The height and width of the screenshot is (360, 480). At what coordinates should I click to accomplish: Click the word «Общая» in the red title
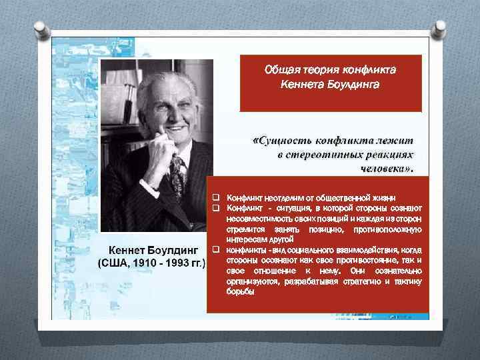tap(280, 69)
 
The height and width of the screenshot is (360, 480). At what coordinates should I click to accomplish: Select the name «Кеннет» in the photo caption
tap(129, 250)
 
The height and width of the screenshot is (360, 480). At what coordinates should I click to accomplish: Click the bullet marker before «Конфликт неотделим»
tap(216, 198)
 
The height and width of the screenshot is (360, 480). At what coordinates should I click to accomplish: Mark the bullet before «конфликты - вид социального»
tap(216, 250)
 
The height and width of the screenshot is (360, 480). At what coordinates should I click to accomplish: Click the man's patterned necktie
tap(179, 175)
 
